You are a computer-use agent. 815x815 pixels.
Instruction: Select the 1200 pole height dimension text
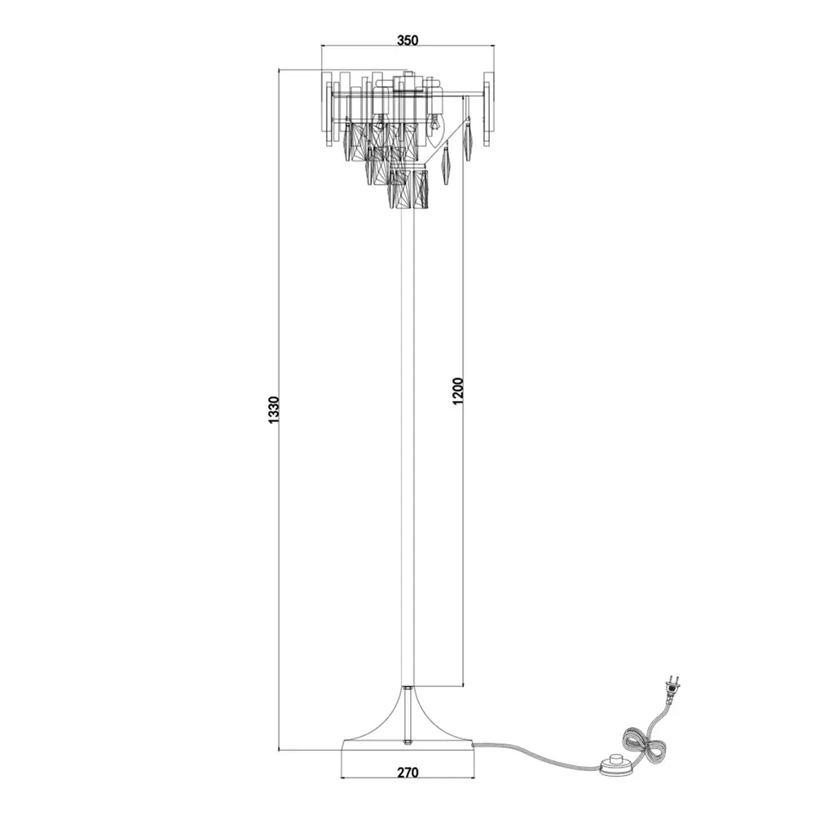coord(457,393)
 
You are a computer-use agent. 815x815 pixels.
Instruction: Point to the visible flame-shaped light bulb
coord(435,122)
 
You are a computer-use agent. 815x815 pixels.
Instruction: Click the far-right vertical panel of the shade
coord(491,110)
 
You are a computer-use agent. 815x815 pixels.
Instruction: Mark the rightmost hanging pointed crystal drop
coord(469,139)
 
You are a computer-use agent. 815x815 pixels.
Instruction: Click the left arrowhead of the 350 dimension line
coord(324,46)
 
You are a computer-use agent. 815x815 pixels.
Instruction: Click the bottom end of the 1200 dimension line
coord(464,685)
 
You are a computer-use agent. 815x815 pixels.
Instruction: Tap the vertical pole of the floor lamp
coord(407,448)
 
